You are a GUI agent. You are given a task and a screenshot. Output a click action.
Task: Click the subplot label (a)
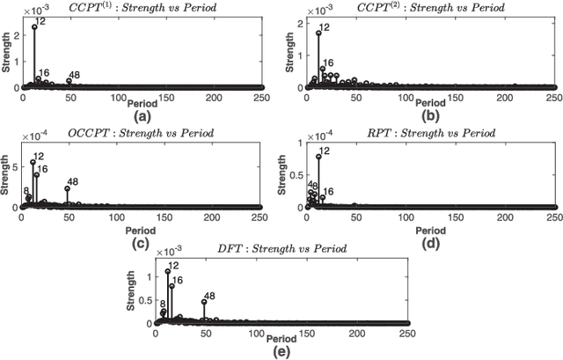point(141,115)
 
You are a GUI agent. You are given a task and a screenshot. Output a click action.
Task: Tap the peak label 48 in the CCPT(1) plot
point(74,74)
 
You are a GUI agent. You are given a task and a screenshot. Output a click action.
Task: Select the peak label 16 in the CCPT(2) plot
point(328,62)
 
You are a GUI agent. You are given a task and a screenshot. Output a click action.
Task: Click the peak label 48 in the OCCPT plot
point(72,182)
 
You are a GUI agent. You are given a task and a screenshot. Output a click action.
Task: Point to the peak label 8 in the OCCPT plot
point(26,190)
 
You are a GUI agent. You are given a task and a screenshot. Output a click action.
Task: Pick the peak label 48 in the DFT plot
point(209,297)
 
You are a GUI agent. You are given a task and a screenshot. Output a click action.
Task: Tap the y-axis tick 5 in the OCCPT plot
point(17,165)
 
